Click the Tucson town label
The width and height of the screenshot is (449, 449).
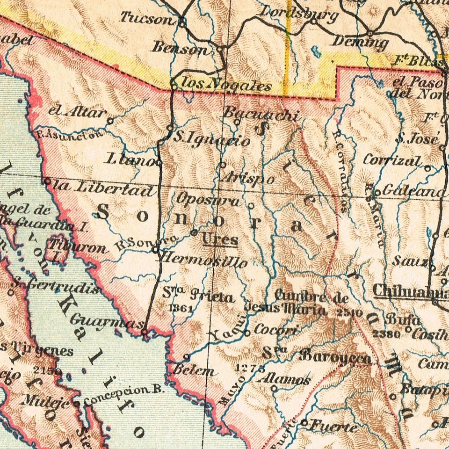coord(146,19)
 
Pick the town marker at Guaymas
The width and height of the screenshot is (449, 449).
coord(145,332)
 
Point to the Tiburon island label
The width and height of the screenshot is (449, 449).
coord(78,246)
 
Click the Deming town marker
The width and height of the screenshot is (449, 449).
coord(370,34)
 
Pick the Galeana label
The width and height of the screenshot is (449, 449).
coord(413,191)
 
